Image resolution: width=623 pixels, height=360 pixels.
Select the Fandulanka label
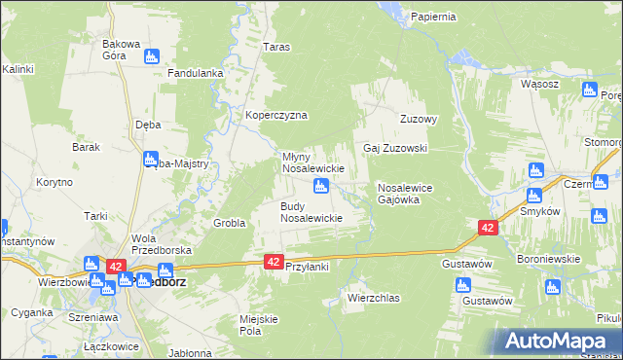click(x=197, y=73)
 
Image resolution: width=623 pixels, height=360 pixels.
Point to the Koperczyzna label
click(x=276, y=115)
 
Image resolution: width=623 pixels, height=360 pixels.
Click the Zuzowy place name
click(x=420, y=120)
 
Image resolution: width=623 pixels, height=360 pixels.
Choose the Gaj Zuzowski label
click(x=396, y=148)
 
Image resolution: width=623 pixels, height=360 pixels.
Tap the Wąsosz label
click(x=539, y=84)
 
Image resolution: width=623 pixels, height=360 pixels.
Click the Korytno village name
click(x=55, y=182)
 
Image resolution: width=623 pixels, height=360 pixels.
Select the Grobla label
click(x=229, y=223)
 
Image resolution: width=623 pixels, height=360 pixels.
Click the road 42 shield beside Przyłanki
click(x=274, y=261)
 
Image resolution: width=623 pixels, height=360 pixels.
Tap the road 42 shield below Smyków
click(x=488, y=227)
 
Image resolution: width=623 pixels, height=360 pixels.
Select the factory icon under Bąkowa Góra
click(x=151, y=57)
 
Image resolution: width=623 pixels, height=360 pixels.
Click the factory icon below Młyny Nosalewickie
click(x=319, y=185)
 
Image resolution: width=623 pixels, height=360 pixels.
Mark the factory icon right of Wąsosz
click(x=588, y=90)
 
